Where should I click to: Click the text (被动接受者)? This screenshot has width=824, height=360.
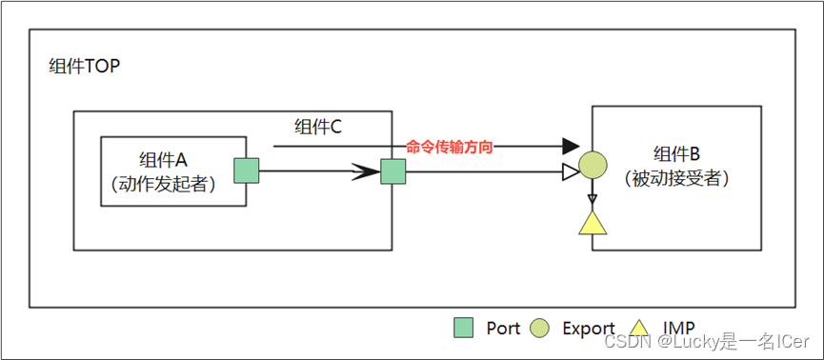tap(676, 178)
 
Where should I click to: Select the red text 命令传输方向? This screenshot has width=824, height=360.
tap(450, 147)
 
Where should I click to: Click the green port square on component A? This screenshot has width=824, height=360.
tap(247, 171)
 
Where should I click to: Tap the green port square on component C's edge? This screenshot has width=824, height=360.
tap(392, 172)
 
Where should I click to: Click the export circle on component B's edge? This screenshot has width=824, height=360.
tap(593, 166)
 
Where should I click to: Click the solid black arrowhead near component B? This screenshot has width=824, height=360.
tap(571, 147)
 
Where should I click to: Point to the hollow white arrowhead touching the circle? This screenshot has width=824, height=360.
tap(571, 172)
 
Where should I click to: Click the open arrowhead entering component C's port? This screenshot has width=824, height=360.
tap(366, 172)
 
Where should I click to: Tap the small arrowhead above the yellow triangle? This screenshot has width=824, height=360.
tap(593, 198)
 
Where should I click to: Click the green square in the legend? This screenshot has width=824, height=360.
tap(463, 329)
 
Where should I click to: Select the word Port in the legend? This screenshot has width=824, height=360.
tap(503, 329)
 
